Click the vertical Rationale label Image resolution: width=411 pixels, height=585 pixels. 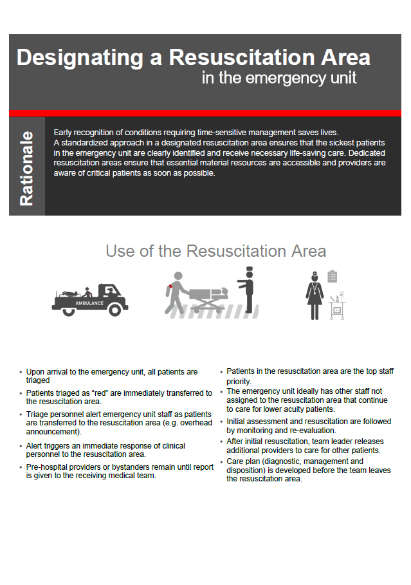26,169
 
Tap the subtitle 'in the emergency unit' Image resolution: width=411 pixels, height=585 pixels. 279,79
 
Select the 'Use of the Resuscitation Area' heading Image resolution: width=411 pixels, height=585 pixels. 215,250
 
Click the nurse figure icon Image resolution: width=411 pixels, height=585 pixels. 315,295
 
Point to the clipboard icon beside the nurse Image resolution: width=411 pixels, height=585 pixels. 332,276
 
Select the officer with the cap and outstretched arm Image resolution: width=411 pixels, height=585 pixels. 248,290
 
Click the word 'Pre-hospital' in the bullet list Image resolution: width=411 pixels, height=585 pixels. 46,468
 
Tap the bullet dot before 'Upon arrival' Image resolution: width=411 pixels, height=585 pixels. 21,373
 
